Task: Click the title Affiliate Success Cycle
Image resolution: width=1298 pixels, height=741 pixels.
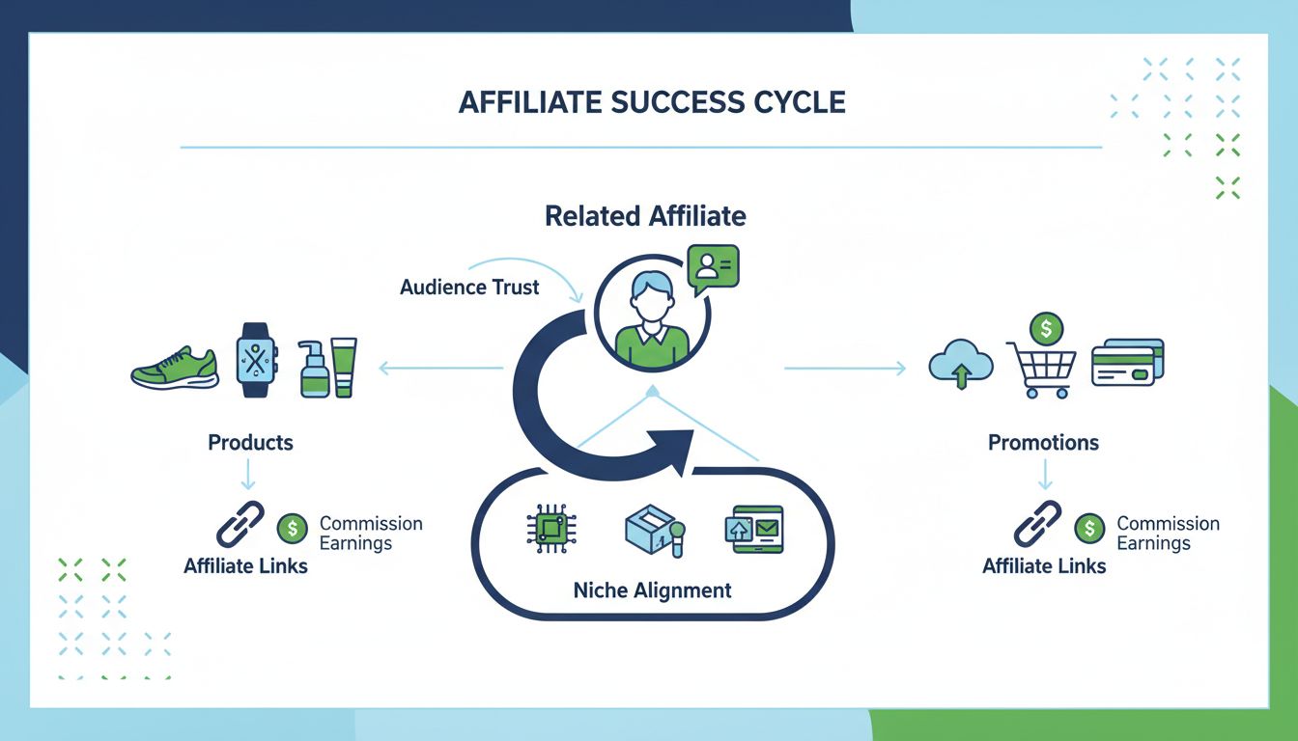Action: pyautogui.click(x=652, y=102)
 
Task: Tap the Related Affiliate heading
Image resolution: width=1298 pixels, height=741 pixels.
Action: pyautogui.click(x=645, y=215)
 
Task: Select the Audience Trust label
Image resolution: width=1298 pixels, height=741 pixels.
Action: pyautogui.click(x=469, y=287)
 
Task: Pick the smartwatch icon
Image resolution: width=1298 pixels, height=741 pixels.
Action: pyautogui.click(x=256, y=361)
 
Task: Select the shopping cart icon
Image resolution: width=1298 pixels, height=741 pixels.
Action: pyautogui.click(x=1041, y=370)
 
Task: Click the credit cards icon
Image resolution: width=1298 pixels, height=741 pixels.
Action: pyautogui.click(x=1127, y=363)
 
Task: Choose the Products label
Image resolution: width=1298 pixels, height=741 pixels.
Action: pyautogui.click(x=250, y=443)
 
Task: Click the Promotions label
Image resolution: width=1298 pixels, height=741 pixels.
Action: pyautogui.click(x=1043, y=443)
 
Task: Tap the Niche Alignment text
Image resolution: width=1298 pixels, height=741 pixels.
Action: pyautogui.click(x=652, y=590)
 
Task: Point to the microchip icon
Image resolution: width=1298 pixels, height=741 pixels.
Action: pyautogui.click(x=551, y=530)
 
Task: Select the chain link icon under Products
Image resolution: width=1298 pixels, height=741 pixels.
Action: pyautogui.click(x=240, y=525)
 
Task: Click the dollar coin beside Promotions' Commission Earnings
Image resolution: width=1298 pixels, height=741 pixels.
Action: pyautogui.click(x=1089, y=528)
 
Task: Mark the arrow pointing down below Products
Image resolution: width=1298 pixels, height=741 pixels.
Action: pyautogui.click(x=249, y=474)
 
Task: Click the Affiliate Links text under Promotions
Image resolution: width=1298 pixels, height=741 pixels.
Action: pyautogui.click(x=1044, y=566)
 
